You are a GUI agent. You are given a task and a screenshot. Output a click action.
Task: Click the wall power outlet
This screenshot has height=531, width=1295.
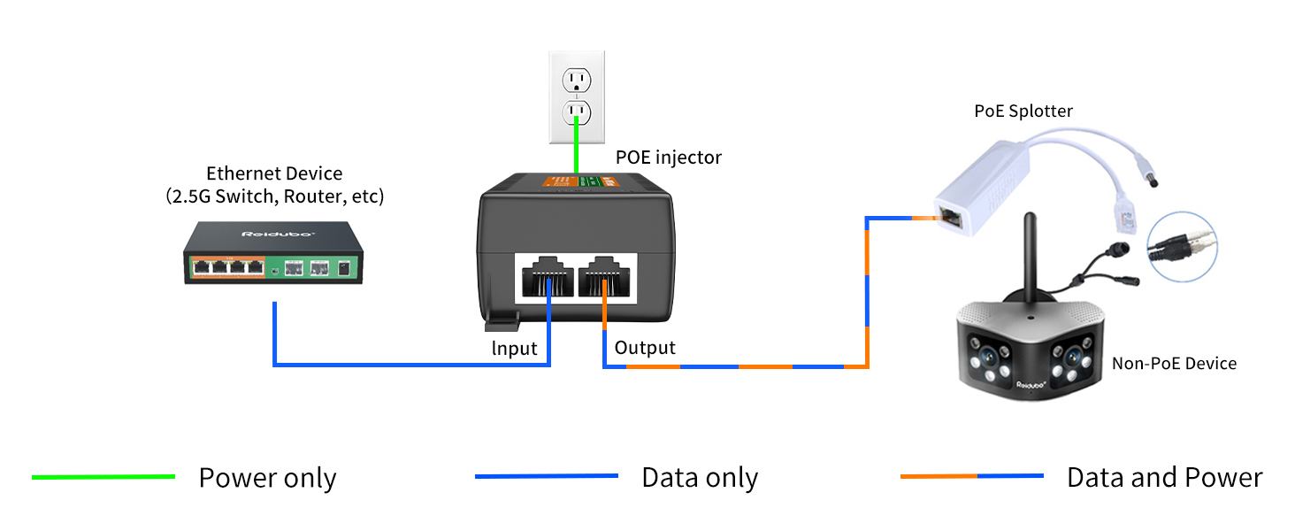577,96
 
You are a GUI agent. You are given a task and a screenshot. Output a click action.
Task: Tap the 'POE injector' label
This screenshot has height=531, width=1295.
669,158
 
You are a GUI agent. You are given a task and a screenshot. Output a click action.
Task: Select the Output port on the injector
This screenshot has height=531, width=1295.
607,275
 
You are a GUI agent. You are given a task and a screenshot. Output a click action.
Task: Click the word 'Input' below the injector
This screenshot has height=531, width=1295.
514,349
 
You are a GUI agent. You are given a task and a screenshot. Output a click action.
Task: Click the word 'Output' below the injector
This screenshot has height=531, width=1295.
645,348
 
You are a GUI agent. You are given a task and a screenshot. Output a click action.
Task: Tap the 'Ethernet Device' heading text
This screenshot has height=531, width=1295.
274,173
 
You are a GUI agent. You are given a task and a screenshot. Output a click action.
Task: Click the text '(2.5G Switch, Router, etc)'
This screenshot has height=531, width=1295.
274,196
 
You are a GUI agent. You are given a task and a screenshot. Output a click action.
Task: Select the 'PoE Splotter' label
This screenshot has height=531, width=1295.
1023,112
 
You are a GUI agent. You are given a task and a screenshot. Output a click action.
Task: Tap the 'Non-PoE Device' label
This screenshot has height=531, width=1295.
1174,364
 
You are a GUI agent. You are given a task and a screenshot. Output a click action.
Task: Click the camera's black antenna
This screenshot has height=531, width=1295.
1031,257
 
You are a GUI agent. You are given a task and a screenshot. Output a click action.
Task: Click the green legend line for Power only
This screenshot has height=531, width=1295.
103,477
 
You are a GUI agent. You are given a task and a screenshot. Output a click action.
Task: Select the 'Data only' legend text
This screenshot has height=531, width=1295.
700,478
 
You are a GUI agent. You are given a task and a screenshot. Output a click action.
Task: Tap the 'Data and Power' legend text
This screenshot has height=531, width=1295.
1164,478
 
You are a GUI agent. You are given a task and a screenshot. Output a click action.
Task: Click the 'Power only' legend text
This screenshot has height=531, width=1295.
267,478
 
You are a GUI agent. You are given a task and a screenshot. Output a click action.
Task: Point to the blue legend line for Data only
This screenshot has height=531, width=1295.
546,477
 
